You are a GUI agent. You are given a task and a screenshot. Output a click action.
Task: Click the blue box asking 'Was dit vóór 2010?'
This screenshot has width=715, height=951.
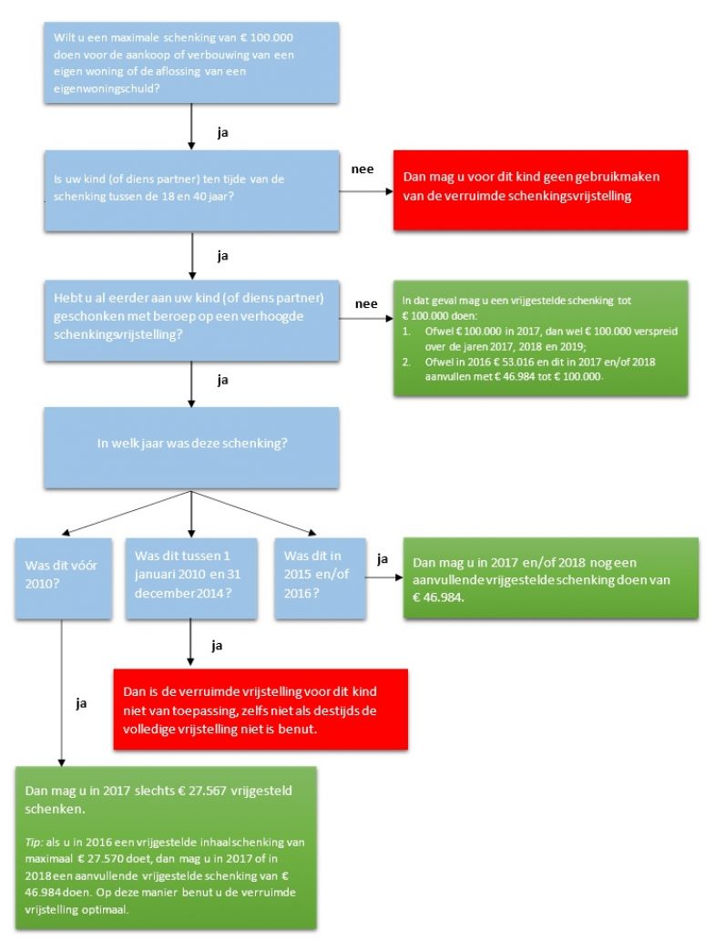tap(64, 578)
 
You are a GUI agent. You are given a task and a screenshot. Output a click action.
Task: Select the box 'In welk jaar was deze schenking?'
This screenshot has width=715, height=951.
tap(191, 447)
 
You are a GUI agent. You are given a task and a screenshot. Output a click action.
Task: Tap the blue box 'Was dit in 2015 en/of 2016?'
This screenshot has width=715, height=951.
tap(321, 578)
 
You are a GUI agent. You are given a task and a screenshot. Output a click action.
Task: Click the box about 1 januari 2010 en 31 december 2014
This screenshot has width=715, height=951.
tap(191, 578)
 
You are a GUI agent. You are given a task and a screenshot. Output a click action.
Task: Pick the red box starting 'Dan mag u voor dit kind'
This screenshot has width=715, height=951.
tap(540, 189)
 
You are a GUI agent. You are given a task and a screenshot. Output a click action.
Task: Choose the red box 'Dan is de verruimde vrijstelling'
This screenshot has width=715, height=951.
tap(260, 709)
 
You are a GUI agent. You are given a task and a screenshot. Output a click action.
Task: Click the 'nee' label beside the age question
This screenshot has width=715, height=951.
tap(363, 169)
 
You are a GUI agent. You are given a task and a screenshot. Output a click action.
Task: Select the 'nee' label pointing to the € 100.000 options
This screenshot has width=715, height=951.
tap(366, 304)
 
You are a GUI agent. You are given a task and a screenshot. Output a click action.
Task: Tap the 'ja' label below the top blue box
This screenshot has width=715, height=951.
tap(222, 133)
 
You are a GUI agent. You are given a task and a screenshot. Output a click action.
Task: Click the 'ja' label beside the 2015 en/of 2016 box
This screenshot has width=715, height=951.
tap(383, 559)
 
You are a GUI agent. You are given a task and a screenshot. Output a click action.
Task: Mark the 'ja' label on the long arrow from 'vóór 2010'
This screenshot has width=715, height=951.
tap(81, 703)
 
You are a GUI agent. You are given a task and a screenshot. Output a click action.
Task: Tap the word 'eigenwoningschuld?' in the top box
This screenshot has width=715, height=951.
tap(107, 88)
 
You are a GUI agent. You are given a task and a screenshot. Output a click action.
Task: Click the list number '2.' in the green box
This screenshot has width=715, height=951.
tap(406, 362)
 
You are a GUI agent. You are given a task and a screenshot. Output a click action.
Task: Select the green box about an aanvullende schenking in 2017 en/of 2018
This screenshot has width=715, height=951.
tap(551, 578)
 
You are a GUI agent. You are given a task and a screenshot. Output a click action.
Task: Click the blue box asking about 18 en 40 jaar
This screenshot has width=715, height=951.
tap(191, 190)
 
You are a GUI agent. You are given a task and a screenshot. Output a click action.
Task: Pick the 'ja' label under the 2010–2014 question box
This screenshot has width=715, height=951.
tap(217, 646)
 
